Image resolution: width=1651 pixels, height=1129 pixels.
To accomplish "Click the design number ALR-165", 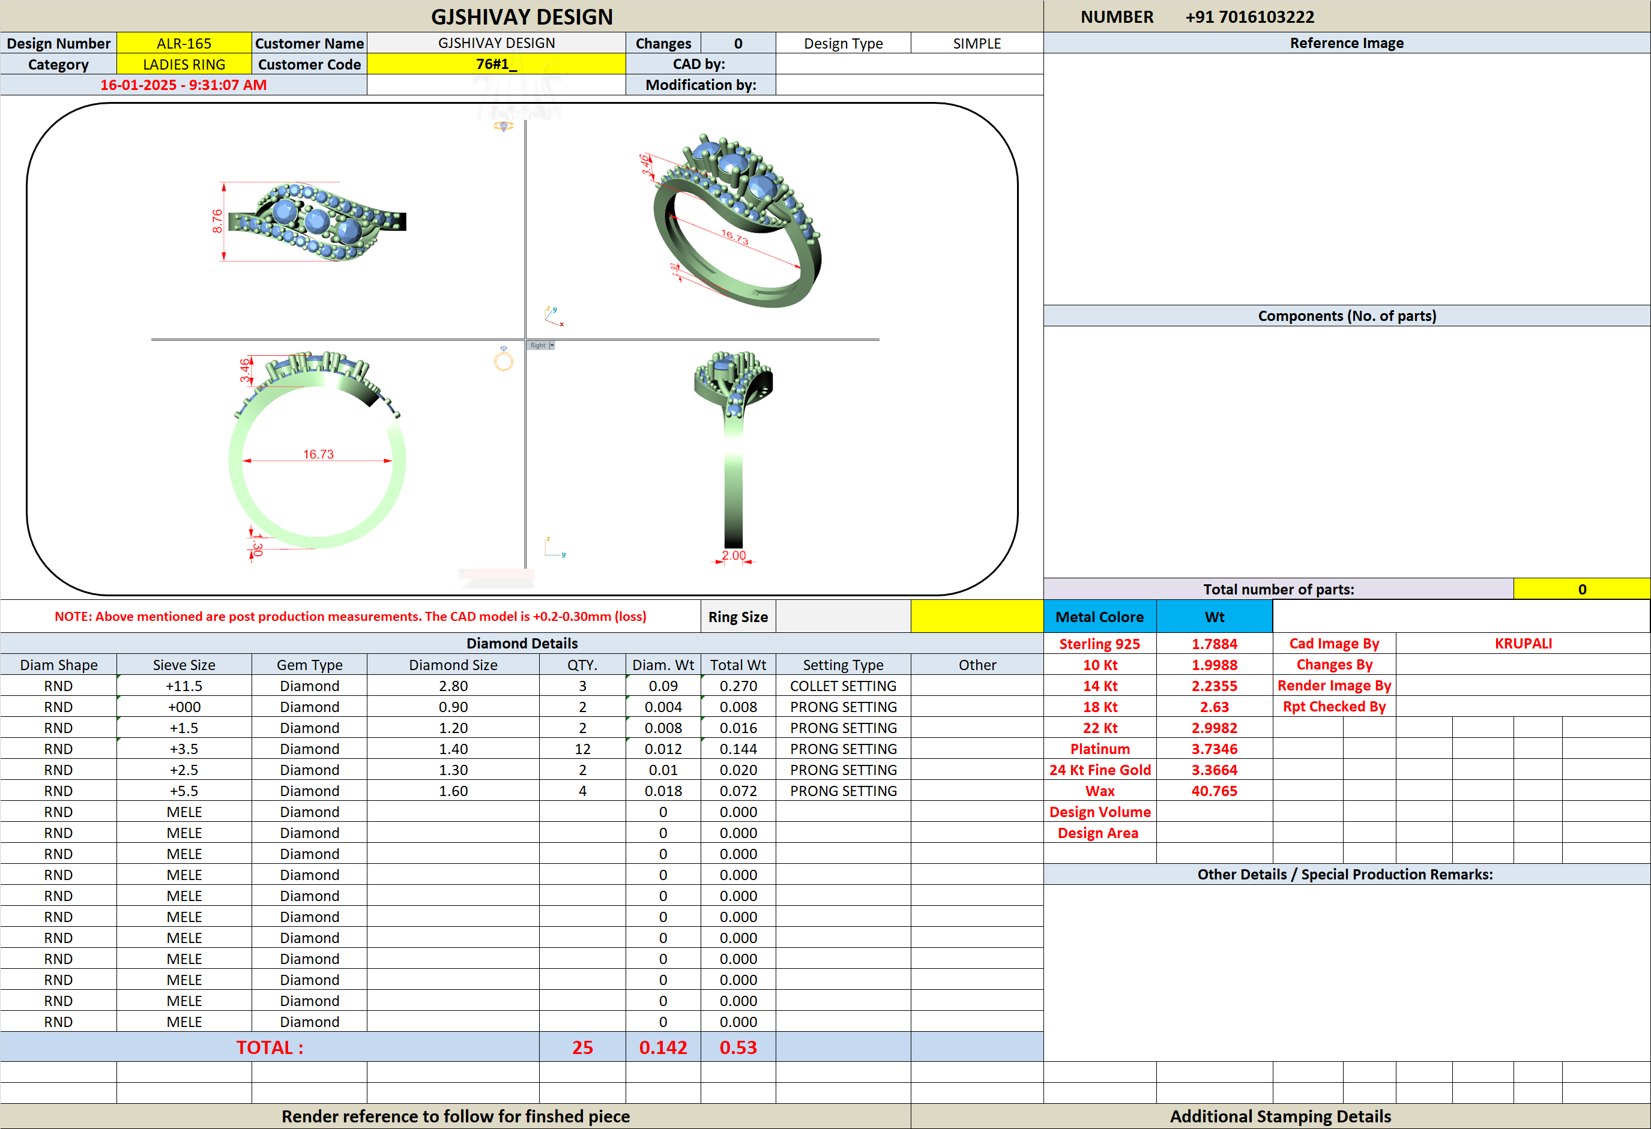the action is pos(184,43).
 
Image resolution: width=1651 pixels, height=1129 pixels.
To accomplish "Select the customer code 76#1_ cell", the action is pos(496,64).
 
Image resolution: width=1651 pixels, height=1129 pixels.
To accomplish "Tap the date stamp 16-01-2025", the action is pos(138,85).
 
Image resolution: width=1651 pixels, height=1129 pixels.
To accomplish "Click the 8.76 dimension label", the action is pos(217,221).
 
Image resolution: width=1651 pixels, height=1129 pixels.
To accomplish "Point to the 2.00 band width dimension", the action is pos(734,556).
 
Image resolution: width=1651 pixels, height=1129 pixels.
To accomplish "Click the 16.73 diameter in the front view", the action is pos(318,455).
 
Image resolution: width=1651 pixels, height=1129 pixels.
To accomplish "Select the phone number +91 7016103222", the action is pos(1249,17).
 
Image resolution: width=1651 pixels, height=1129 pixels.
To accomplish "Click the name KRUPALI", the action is pos(1523,643).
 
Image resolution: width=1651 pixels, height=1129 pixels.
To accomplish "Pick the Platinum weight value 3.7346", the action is pos(1214,749).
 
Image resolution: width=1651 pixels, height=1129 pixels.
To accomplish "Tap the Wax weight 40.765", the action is pos(1214,791).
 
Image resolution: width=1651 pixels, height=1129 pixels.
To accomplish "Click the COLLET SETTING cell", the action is pos(844,686).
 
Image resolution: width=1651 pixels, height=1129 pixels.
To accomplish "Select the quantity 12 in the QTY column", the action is pos(582,749).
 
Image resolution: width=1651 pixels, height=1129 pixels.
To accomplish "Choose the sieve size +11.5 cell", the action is pos(184,686).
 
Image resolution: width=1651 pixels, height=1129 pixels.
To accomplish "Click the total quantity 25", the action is pos(582,1047).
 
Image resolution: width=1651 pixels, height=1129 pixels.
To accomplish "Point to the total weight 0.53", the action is pos(738,1047).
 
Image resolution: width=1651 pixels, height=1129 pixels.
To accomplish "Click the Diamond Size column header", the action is pos(453,665).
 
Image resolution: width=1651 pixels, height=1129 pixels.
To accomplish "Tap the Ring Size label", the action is pos(738,617).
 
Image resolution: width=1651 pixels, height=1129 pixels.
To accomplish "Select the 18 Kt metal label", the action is pos(1100,707).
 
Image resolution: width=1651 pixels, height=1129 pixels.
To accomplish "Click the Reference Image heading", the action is pos(1347,43).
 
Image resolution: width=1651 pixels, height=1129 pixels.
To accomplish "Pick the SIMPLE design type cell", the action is pos(977,43).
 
